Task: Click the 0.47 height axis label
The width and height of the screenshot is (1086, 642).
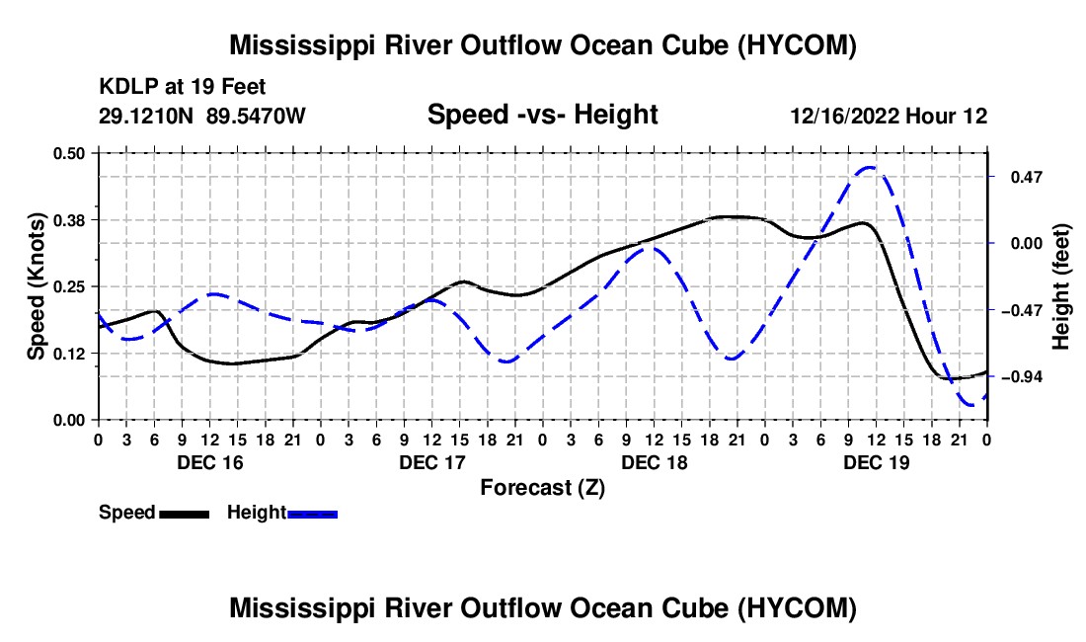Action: [1027, 178]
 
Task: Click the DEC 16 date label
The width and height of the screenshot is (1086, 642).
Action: [210, 462]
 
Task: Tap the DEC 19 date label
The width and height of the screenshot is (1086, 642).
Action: [876, 462]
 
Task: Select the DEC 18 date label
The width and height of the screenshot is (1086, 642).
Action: [655, 462]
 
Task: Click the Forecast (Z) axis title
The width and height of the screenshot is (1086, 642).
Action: [543, 488]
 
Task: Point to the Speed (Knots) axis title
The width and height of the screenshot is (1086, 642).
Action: [36, 286]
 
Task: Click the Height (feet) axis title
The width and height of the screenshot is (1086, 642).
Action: [1061, 286]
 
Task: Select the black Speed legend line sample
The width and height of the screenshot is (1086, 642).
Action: [185, 514]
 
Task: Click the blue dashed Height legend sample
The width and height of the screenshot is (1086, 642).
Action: [312, 514]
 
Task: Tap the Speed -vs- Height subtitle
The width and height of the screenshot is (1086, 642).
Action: [543, 115]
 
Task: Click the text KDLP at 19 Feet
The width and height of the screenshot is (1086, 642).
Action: [183, 87]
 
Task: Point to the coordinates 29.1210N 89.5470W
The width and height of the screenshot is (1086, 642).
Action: [202, 116]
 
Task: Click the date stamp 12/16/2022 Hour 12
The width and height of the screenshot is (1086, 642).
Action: [890, 116]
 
